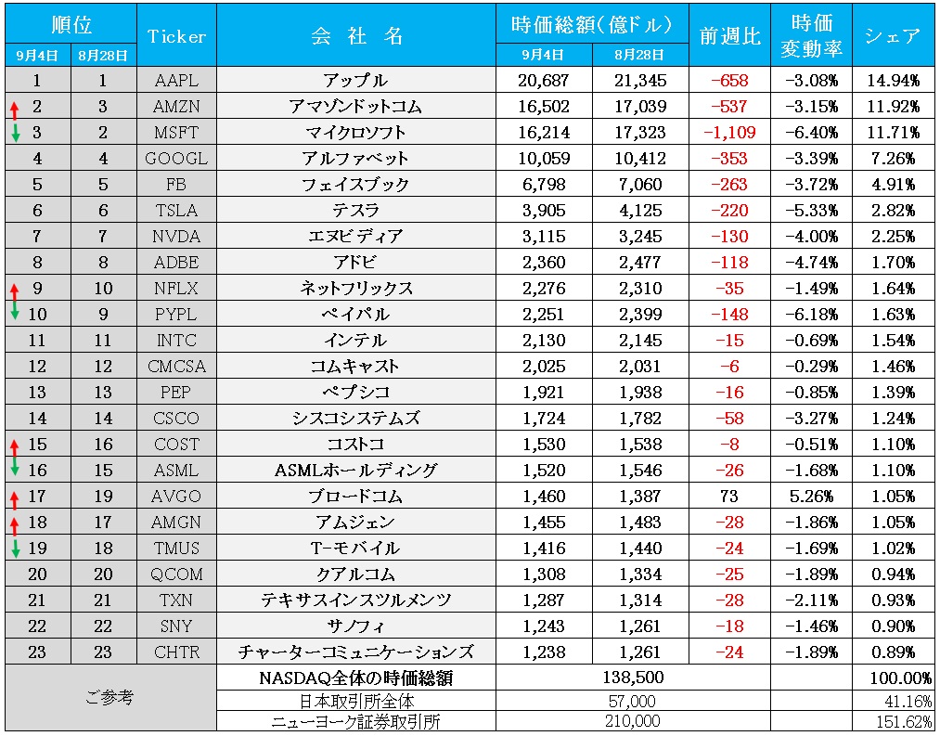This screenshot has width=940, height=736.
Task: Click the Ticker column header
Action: pyautogui.click(x=175, y=36)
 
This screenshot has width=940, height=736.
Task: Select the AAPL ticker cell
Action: pyautogui.click(x=175, y=81)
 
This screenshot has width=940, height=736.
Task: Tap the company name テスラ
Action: pyautogui.click(x=355, y=211)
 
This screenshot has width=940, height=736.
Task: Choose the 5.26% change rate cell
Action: pyautogui.click(x=812, y=497)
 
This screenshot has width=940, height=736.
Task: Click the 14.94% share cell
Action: pyautogui.click(x=892, y=81)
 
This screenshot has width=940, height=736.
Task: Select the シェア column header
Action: pyautogui.click(x=892, y=36)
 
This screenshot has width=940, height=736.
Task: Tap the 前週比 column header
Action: pyautogui.click(x=729, y=36)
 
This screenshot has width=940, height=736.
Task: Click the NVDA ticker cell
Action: pyautogui.click(x=175, y=237)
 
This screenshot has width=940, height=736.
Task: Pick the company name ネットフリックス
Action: pyautogui.click(x=355, y=289)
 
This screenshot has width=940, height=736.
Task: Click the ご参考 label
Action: pyautogui.click(x=109, y=697)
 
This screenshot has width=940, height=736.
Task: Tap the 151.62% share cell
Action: pyautogui.click(x=905, y=721)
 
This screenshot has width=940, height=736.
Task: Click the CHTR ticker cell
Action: pyautogui.click(x=175, y=652)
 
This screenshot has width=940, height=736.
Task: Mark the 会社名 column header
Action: pyautogui.click(x=355, y=36)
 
